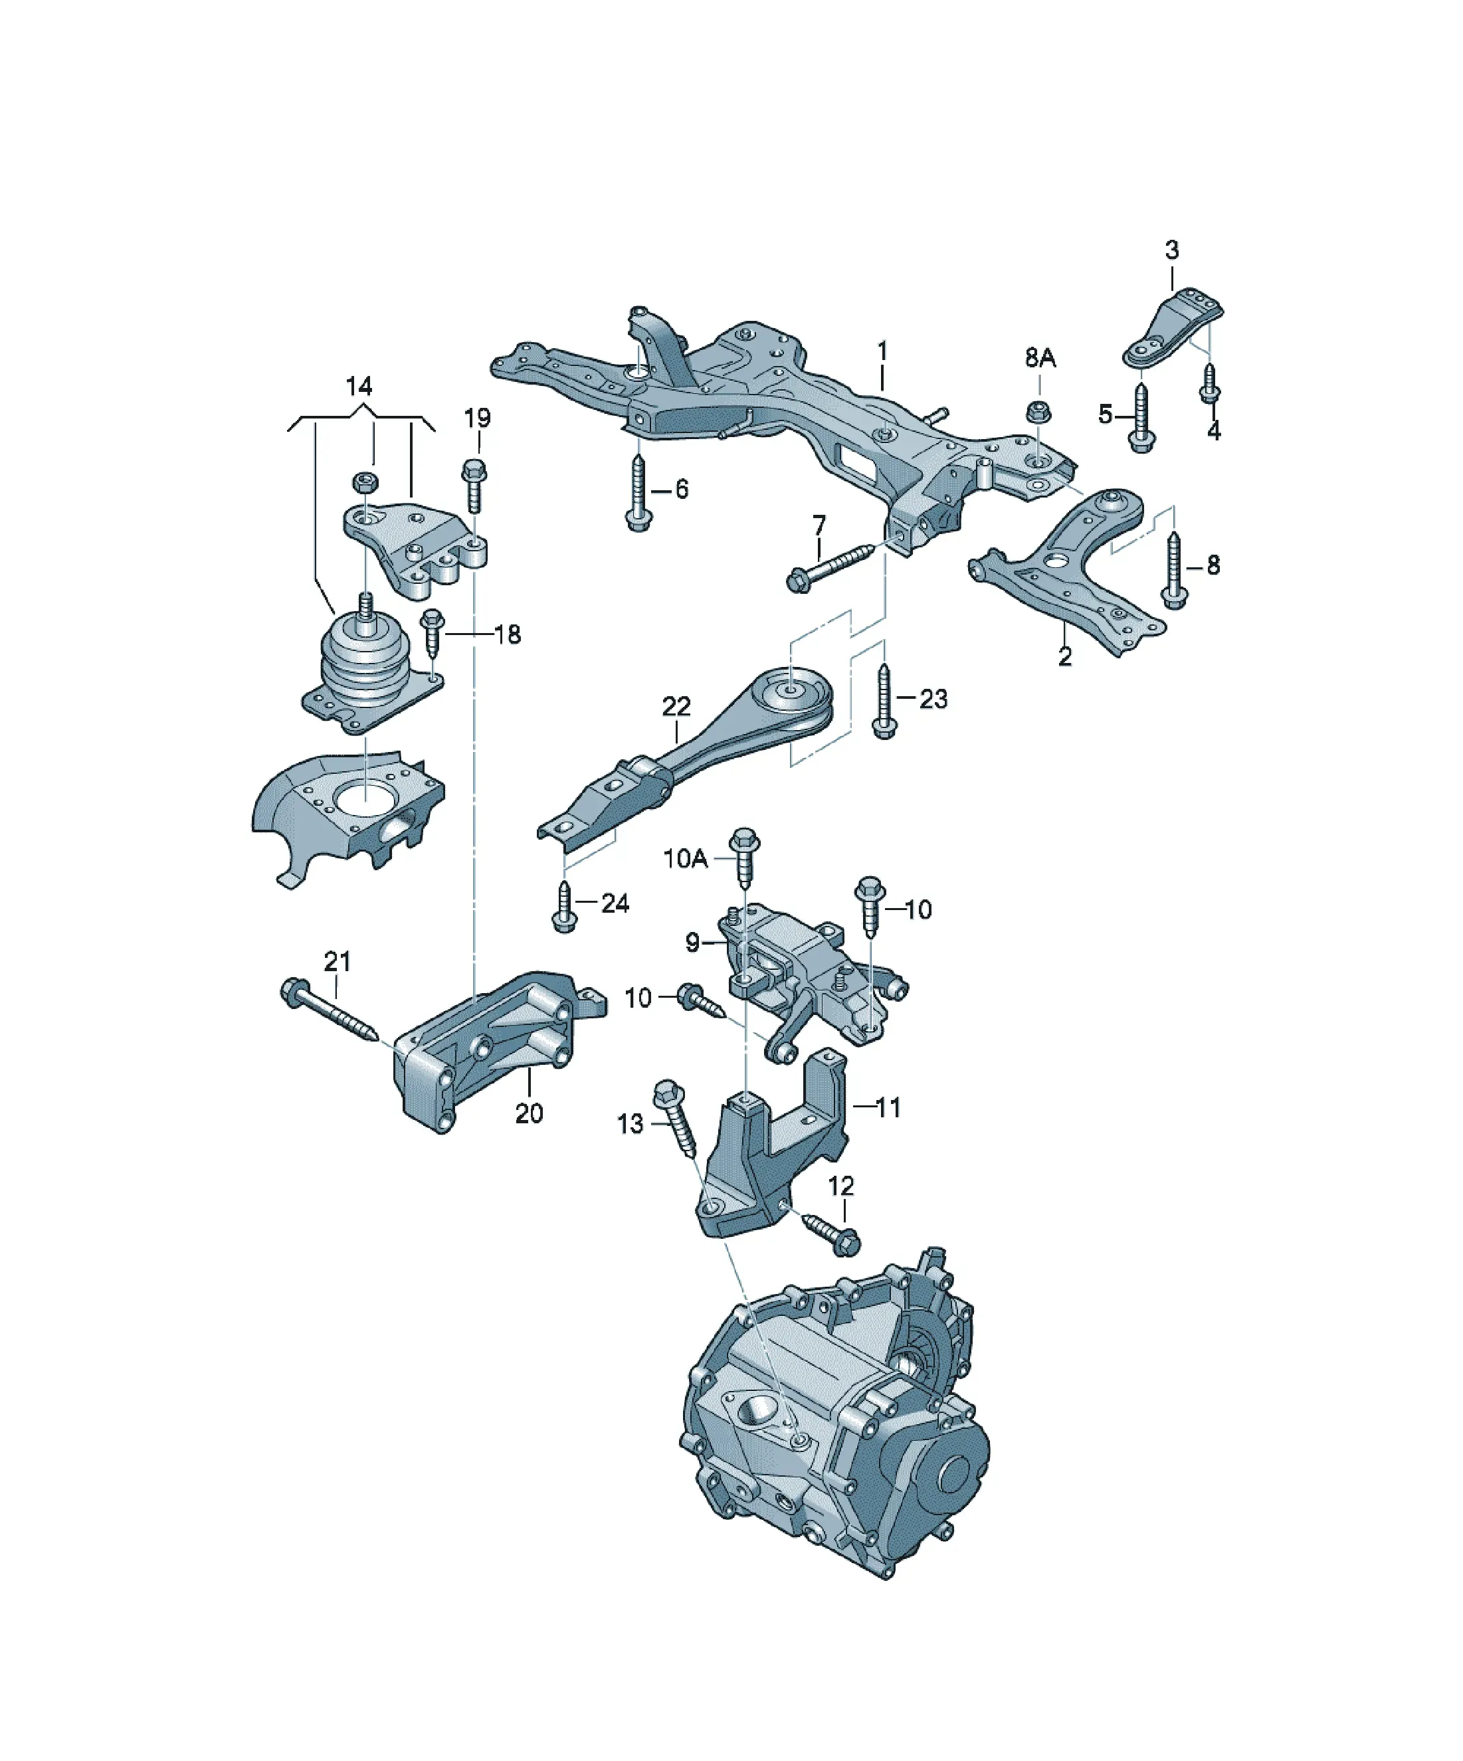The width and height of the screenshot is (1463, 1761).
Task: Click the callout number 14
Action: tap(359, 387)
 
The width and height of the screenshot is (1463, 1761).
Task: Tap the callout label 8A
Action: tap(1040, 358)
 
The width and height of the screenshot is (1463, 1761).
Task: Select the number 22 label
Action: tap(676, 707)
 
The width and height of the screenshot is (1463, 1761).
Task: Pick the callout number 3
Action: tap(1172, 249)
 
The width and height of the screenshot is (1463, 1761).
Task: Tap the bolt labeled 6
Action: tap(638, 492)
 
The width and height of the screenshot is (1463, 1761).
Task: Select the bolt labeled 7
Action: tap(831, 566)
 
